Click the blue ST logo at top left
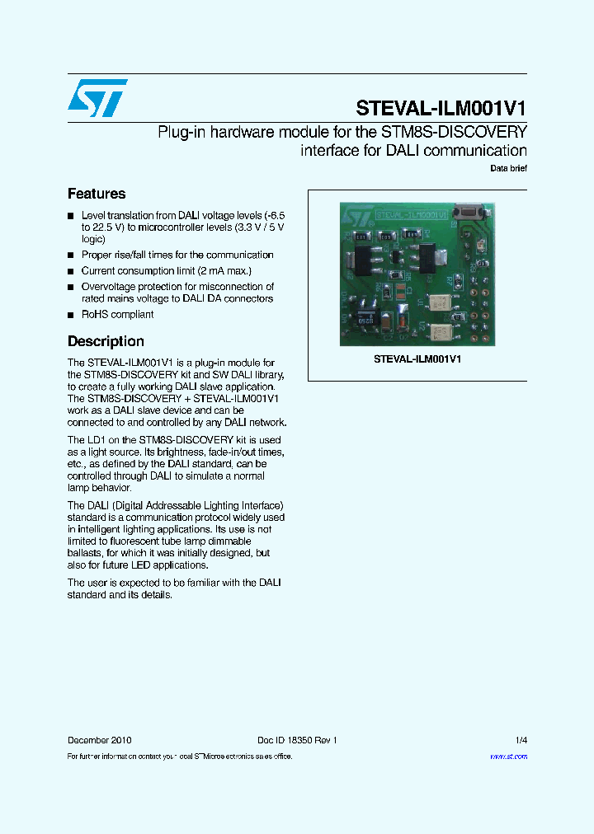tap(98, 98)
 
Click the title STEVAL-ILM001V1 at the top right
tap(441, 108)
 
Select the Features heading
tap(97, 194)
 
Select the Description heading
tap(106, 341)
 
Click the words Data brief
tap(508, 169)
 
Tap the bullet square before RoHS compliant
tap(71, 315)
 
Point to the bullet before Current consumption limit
tap(71, 271)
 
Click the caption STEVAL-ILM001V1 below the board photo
tap(417, 359)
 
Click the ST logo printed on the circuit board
tap(357, 217)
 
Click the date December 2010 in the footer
tap(99, 740)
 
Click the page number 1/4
tap(521, 740)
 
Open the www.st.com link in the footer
tap(508, 757)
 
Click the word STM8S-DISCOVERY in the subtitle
tap(452, 133)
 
